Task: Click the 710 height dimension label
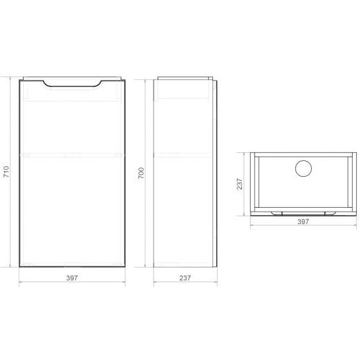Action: tap(6, 173)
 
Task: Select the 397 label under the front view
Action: tap(72, 278)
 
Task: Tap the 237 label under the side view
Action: tap(185, 278)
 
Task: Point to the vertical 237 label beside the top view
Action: tap(241, 183)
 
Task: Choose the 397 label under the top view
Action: tap(303, 223)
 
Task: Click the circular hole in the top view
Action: tap(303, 168)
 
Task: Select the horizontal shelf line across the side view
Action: tap(185, 154)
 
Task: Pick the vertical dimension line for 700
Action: tap(148, 198)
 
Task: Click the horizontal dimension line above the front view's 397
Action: tap(46, 284)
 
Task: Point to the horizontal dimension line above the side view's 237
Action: tap(168, 284)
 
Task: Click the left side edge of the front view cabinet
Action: tap(20, 198)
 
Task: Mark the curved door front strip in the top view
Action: tap(303, 213)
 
